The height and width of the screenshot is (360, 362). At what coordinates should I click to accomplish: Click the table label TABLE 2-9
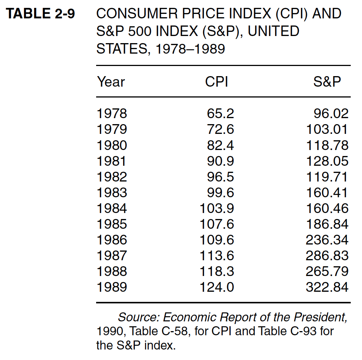[x=41, y=14]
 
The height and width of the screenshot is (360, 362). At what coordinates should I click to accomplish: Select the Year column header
[x=111, y=82]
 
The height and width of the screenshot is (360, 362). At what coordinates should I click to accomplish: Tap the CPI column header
[x=217, y=82]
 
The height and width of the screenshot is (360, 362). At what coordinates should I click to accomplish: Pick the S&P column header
[x=327, y=82]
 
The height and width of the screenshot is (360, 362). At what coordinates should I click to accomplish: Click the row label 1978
[x=112, y=113]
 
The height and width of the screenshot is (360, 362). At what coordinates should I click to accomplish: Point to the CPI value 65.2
[x=220, y=113]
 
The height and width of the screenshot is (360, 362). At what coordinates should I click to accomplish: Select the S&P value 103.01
[x=327, y=129]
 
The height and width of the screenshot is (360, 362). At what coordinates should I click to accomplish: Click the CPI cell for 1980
[x=220, y=145]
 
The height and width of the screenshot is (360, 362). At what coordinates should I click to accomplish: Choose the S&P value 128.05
[x=327, y=161]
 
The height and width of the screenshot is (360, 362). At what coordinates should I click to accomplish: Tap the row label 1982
[x=112, y=177]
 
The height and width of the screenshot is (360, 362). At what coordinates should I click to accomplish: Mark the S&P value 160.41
[x=327, y=192]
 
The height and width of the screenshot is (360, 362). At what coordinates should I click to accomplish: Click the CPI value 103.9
[x=217, y=208]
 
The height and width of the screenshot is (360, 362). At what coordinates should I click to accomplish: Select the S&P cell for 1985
[x=327, y=224]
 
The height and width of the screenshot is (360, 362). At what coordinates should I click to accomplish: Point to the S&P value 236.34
[x=327, y=240]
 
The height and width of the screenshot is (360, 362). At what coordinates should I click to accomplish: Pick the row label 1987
[x=112, y=255]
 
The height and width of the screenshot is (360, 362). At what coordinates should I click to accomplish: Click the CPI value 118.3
[x=217, y=271]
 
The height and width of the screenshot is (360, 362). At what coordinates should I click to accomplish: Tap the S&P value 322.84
[x=327, y=287]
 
